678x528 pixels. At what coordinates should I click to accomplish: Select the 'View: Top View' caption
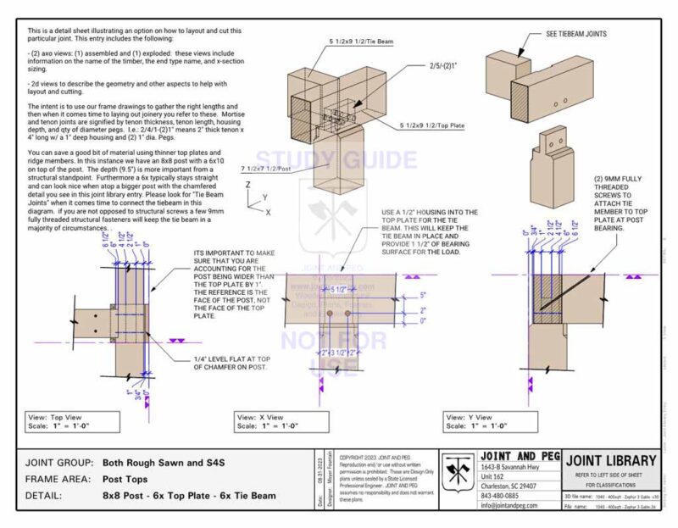coord(58,417)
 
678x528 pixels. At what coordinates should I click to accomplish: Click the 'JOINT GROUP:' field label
coord(60,464)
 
